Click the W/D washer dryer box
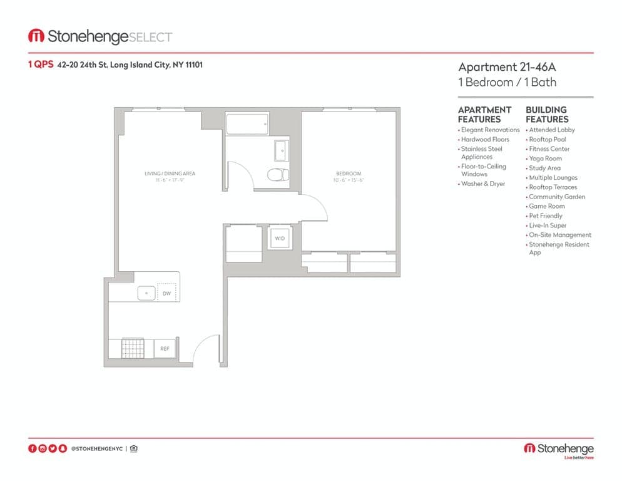(x=280, y=239)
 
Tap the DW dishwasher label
(x=166, y=292)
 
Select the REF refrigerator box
(x=165, y=348)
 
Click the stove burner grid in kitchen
(x=133, y=348)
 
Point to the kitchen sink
(x=146, y=292)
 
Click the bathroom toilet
(x=277, y=174)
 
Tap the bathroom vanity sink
(x=282, y=150)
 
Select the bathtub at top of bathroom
(x=247, y=125)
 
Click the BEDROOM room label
(x=349, y=173)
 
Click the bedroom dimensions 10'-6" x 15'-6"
(x=349, y=180)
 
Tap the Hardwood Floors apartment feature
(x=485, y=140)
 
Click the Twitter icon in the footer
(x=52, y=448)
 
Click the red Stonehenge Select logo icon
(x=36, y=36)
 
